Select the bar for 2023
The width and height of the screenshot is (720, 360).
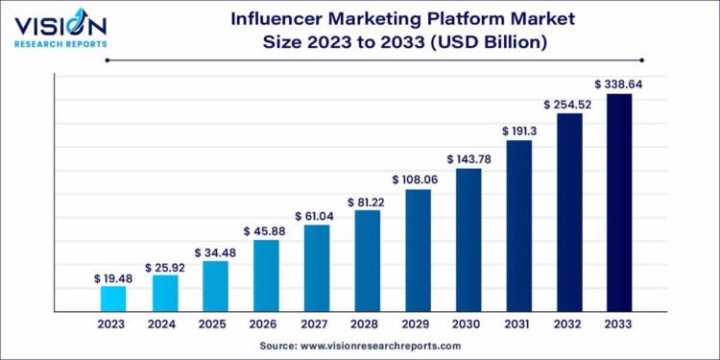point(113,299)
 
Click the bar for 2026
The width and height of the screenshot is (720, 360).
point(266,276)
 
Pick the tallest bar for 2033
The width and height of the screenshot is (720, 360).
point(619,203)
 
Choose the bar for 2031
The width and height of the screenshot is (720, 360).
point(518,226)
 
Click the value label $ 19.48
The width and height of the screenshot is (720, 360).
point(113,277)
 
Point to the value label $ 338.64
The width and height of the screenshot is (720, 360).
point(619,84)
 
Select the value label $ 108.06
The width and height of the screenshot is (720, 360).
point(418,180)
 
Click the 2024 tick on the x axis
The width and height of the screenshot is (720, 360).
point(164,325)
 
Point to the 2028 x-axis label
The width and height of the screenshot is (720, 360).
point(367,325)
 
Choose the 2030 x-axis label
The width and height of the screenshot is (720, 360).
point(468,325)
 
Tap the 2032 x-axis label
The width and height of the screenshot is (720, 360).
point(569,325)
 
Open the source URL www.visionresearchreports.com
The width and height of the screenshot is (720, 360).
point(384,346)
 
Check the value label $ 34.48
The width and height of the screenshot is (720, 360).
point(215,252)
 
